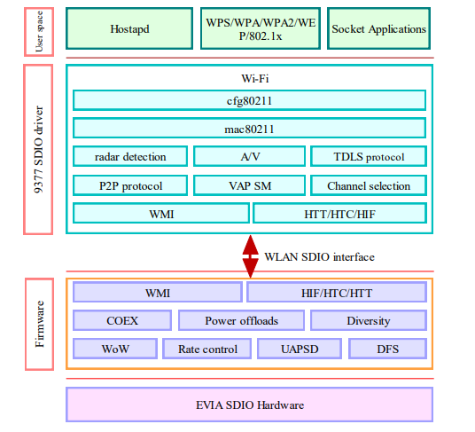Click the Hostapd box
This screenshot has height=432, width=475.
click(x=129, y=28)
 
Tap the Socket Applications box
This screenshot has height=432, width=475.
click(x=378, y=28)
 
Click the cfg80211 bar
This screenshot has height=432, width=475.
click(x=249, y=100)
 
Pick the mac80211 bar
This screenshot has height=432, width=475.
click(x=249, y=129)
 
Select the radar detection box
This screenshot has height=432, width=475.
click(x=130, y=157)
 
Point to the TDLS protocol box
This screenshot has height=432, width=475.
click(x=369, y=157)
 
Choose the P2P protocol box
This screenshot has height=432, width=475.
click(x=130, y=185)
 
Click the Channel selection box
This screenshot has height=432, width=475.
click(x=369, y=185)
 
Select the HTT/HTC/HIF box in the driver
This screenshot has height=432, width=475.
click(x=339, y=214)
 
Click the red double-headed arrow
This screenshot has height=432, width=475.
click(x=250, y=255)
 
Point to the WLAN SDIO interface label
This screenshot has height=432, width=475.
click(x=319, y=256)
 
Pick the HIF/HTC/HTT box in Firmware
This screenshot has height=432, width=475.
click(x=337, y=293)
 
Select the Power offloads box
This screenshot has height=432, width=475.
click(x=240, y=320)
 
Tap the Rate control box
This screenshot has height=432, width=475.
click(x=207, y=349)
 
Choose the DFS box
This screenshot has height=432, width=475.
click(x=388, y=349)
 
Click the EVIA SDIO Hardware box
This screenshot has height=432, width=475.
click(x=249, y=405)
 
